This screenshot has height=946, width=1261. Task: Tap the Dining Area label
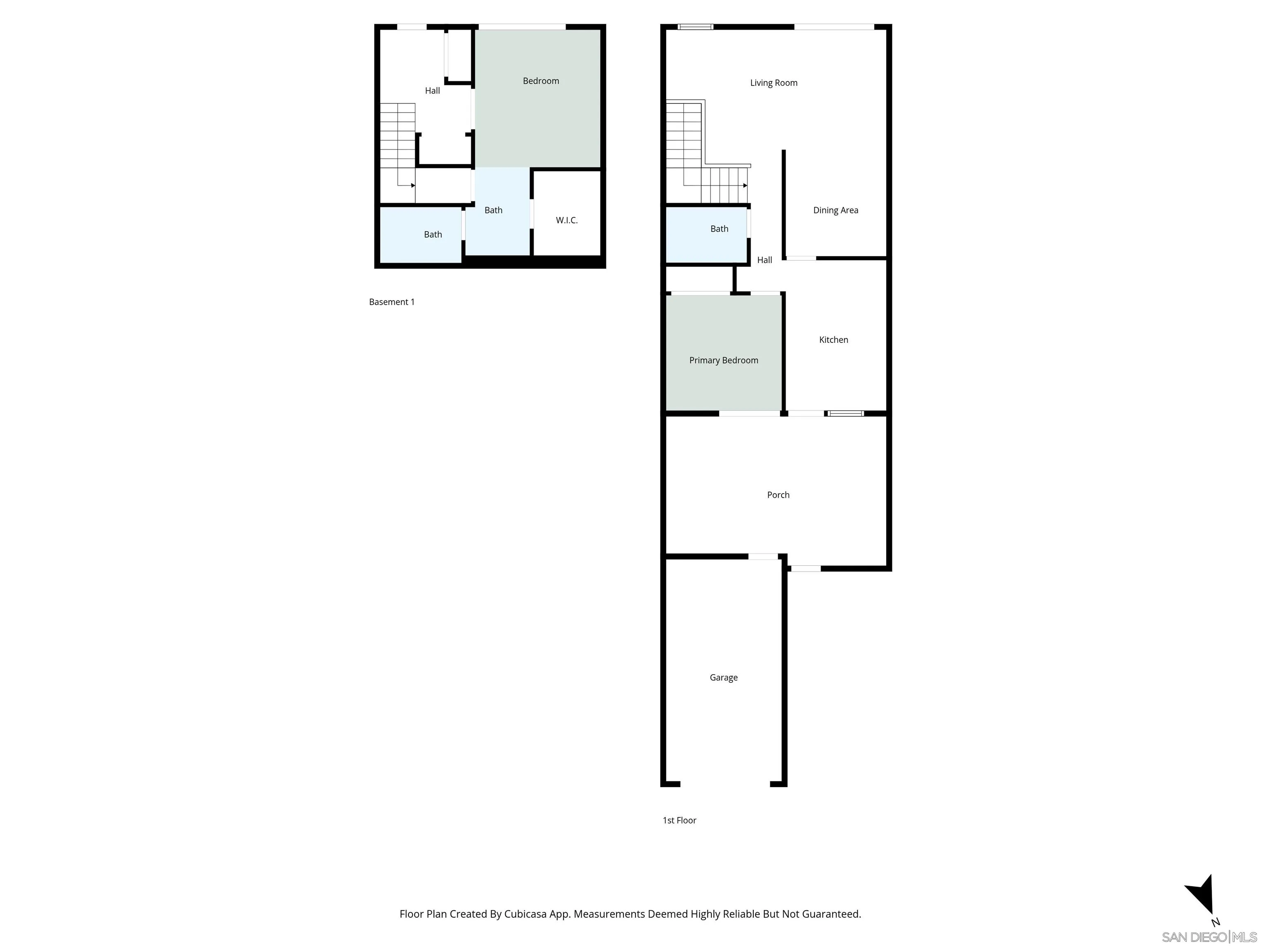(x=835, y=210)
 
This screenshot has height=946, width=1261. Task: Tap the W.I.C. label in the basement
(x=566, y=220)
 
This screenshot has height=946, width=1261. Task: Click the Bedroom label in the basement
(x=541, y=80)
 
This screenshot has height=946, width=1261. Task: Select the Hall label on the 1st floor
(x=764, y=259)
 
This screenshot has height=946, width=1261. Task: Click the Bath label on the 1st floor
(x=718, y=228)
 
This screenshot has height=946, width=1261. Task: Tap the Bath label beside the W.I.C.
(x=493, y=210)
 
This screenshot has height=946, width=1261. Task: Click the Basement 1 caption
(x=391, y=302)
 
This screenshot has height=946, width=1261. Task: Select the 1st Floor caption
(x=679, y=820)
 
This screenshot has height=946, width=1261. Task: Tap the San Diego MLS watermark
(x=1208, y=937)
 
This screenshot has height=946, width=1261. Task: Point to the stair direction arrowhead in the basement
(x=413, y=185)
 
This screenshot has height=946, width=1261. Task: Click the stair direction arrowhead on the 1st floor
(x=745, y=185)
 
